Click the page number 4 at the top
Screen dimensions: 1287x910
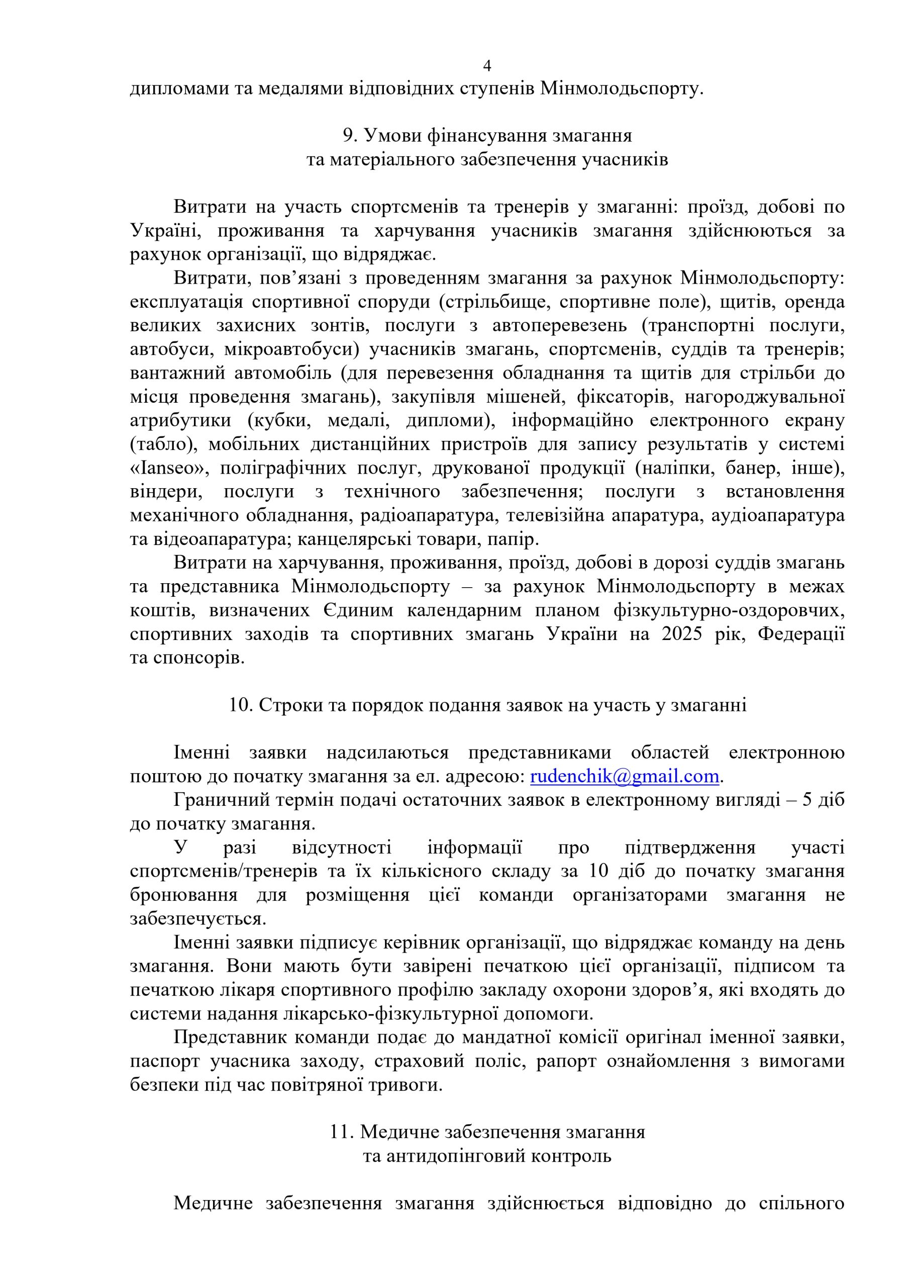[487, 66]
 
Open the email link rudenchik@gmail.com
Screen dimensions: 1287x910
[624, 776]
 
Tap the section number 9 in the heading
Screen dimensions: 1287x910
[347, 136]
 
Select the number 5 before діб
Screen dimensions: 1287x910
[807, 800]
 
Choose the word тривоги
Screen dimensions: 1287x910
[414, 1085]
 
